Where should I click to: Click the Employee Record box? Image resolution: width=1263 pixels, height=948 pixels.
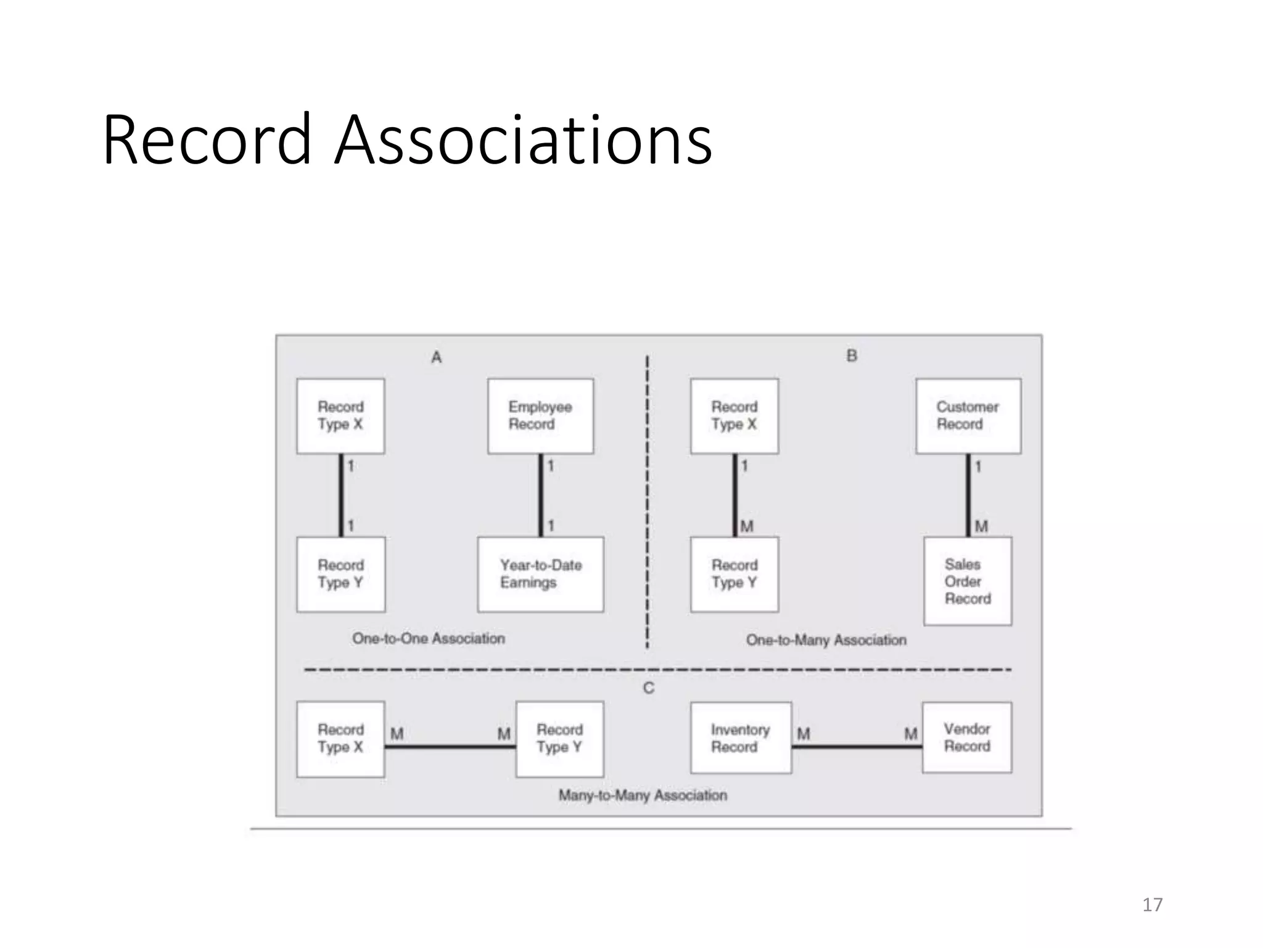pos(540,416)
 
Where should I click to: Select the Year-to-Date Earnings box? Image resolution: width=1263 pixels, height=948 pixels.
pos(540,574)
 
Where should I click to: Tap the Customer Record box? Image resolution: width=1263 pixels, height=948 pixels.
pos(968,416)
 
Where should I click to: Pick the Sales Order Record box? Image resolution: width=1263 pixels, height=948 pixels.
pos(967,581)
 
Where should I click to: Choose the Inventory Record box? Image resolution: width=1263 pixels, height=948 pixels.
pos(741,738)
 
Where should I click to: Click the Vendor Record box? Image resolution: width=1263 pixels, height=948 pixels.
pos(966,737)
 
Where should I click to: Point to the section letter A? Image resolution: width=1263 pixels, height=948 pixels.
pos(437,357)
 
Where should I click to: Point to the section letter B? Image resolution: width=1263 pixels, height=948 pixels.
pos(852,355)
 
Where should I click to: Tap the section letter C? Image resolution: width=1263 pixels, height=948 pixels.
pos(648,688)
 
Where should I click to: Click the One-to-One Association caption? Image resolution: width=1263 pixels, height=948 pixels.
pos(429,638)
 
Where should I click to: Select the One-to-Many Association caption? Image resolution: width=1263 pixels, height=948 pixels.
pos(826,640)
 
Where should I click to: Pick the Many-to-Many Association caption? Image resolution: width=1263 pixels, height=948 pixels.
pos(643,795)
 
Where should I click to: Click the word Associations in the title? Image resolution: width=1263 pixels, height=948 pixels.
pos(523,140)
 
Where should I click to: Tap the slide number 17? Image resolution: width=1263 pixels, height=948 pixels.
pos(1152,905)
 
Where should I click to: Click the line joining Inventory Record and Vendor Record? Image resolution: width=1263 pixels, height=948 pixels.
pos(857,747)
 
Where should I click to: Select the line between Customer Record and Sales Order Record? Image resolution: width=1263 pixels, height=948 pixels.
pos(968,495)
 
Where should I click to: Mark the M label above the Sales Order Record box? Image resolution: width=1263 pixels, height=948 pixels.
pos(981,526)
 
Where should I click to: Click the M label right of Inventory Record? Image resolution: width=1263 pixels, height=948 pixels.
pos(803,734)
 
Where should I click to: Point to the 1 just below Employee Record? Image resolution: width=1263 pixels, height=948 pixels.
pos(551,466)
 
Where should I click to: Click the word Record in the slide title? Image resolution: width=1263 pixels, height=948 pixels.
pos(207,140)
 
